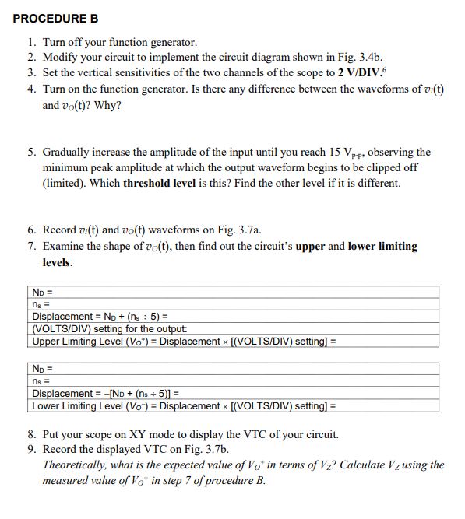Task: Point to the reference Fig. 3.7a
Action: [x=237, y=230]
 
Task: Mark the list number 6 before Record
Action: [x=30, y=230]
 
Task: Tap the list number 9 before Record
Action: [x=30, y=449]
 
